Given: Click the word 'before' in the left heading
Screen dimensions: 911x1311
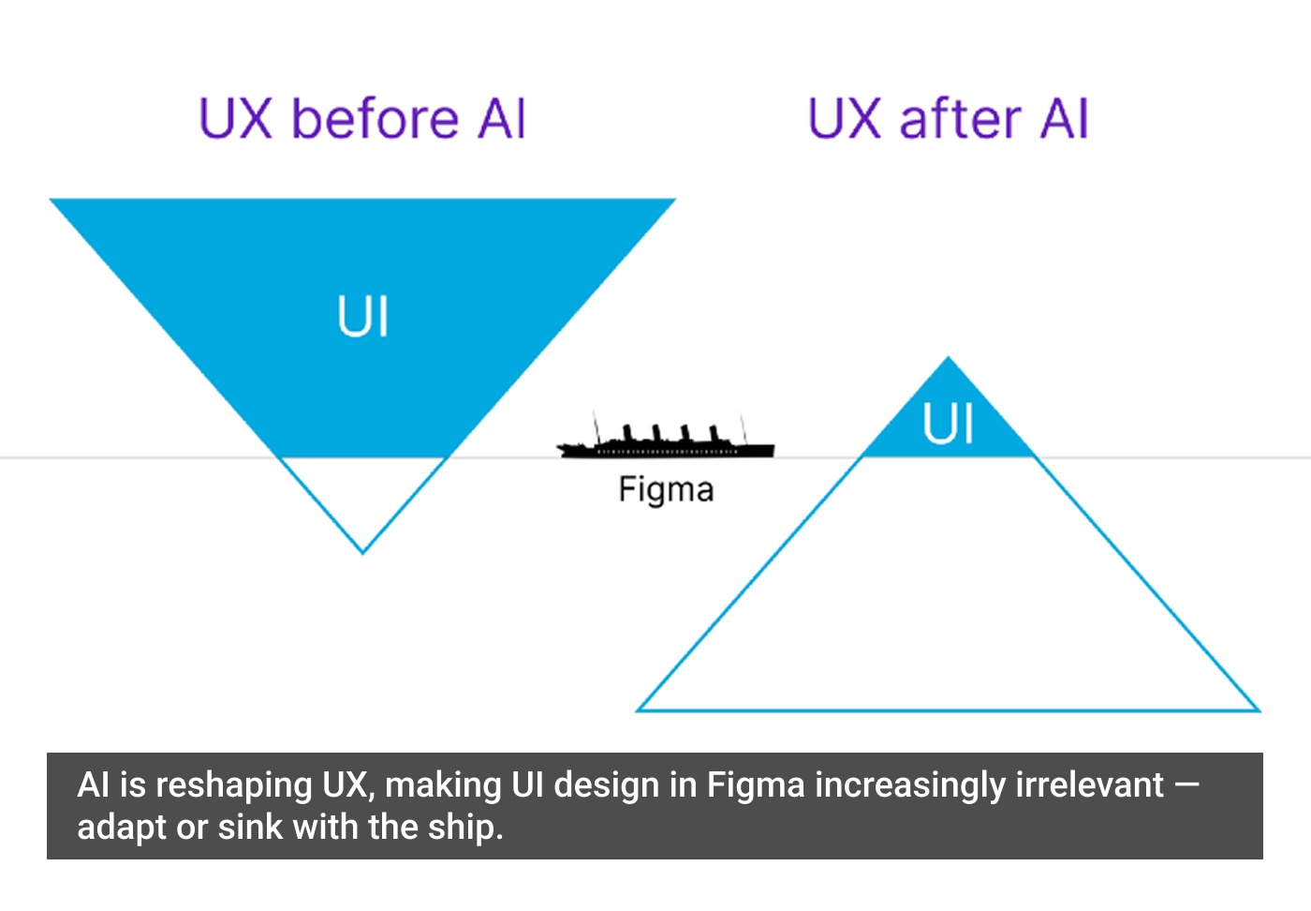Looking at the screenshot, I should (x=375, y=119).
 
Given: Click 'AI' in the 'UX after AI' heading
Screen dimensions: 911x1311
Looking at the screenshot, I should (x=1064, y=119).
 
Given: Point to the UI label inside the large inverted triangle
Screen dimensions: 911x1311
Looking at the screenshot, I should (x=362, y=316).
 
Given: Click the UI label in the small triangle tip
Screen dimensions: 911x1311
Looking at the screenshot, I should (x=948, y=424).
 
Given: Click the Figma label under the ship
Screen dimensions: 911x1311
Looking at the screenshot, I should (x=666, y=489).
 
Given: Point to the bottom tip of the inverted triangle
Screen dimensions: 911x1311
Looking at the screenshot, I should (x=362, y=551).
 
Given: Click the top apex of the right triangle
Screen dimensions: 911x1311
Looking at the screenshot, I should (x=948, y=359).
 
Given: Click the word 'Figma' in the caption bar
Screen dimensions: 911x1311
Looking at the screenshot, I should (x=755, y=784).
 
